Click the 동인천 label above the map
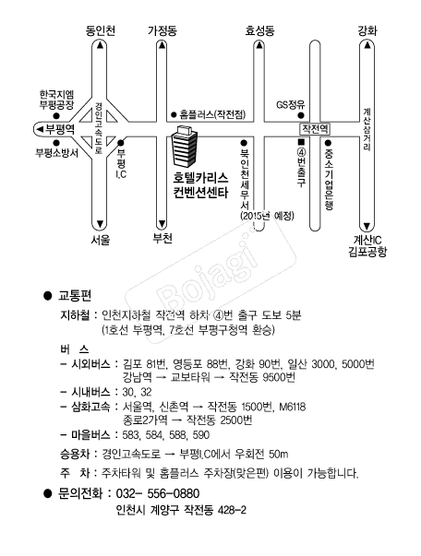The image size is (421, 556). pyautogui.click(x=101, y=30)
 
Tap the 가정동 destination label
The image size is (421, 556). pyautogui.click(x=162, y=30)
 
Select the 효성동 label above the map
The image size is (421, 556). pyautogui.click(x=259, y=30)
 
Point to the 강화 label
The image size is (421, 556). pyautogui.click(x=367, y=30)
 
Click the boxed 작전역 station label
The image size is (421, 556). pyautogui.click(x=315, y=129)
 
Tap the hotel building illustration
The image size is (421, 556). pyautogui.click(x=185, y=146)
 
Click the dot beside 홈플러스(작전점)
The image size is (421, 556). pyautogui.click(x=174, y=114)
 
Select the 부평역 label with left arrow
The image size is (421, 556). pyautogui.click(x=55, y=129)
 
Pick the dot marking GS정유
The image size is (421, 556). pyautogui.click(x=301, y=115)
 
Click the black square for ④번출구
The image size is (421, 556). pyautogui.click(x=301, y=142)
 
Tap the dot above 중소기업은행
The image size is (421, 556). pyautogui.click(x=328, y=143)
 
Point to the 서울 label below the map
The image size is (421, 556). pyautogui.click(x=101, y=240)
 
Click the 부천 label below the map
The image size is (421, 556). pyautogui.click(x=162, y=238)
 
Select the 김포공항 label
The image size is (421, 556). pyautogui.click(x=367, y=252)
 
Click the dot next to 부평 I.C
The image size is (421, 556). pyautogui.click(x=121, y=143)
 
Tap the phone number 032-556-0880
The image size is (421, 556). pyautogui.click(x=158, y=493)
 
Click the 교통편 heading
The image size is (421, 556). pyautogui.click(x=75, y=295)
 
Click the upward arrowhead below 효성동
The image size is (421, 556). pyautogui.click(x=259, y=45)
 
